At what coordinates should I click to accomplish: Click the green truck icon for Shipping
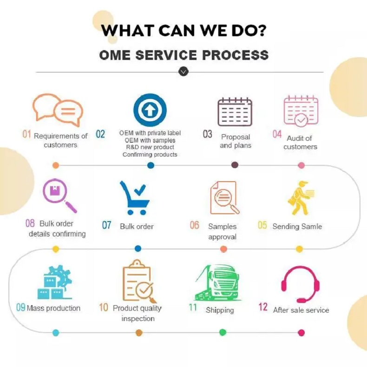click(217, 284)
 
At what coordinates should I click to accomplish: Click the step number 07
click(107, 226)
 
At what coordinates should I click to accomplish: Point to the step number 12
click(263, 307)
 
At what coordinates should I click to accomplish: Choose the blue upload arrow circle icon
click(150, 110)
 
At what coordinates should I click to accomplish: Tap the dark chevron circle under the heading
click(183, 72)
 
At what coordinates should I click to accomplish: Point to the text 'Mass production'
click(53, 308)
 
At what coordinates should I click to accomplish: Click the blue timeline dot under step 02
click(151, 165)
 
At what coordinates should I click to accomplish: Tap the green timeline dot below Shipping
click(223, 332)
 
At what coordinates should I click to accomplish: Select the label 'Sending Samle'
click(297, 226)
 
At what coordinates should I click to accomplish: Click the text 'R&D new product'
click(150, 147)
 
